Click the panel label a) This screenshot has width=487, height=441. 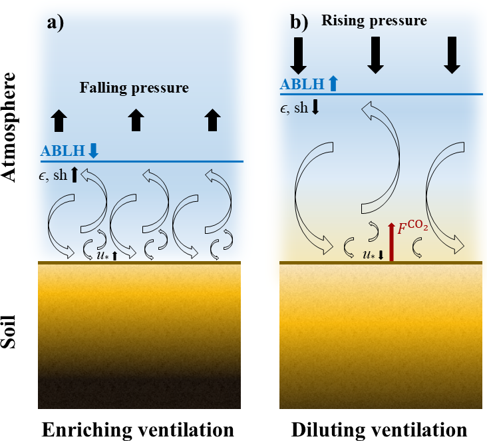[x=55, y=23]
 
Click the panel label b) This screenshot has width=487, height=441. [x=299, y=23]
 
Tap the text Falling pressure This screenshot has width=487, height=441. [x=134, y=87]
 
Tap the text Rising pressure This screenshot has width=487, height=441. [x=374, y=21]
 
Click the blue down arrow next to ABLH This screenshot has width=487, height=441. [x=93, y=151]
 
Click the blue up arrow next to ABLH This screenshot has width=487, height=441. [x=333, y=84]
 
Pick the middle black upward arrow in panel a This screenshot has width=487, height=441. [x=136, y=120]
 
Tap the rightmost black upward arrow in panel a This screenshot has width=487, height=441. [x=212, y=120]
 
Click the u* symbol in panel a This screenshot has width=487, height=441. [x=106, y=254]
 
